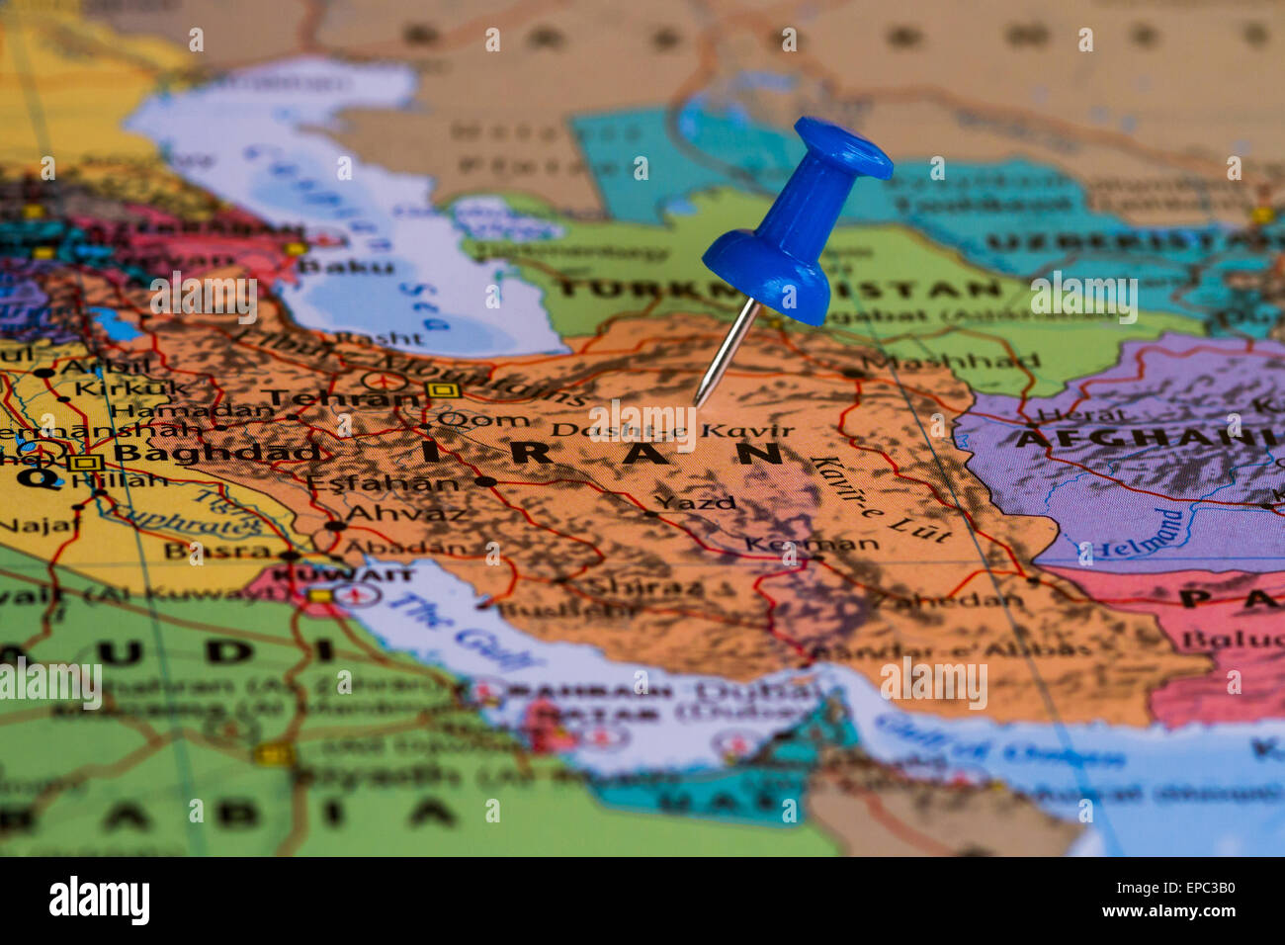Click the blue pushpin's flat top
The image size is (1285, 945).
pyautogui.click(x=842, y=147)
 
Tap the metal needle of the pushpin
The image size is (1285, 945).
pyautogui.click(x=727, y=354)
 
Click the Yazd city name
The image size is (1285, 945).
pyautogui.click(x=696, y=502)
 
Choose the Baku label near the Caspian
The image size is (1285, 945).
pyautogui.click(x=345, y=267)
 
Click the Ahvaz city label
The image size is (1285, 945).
pyautogui.click(x=405, y=514)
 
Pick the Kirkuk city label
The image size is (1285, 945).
pyautogui.click(x=131, y=387)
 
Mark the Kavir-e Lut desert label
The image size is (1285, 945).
pyautogui.click(x=880, y=499)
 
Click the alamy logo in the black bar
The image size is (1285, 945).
pyautogui.click(x=100, y=901)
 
